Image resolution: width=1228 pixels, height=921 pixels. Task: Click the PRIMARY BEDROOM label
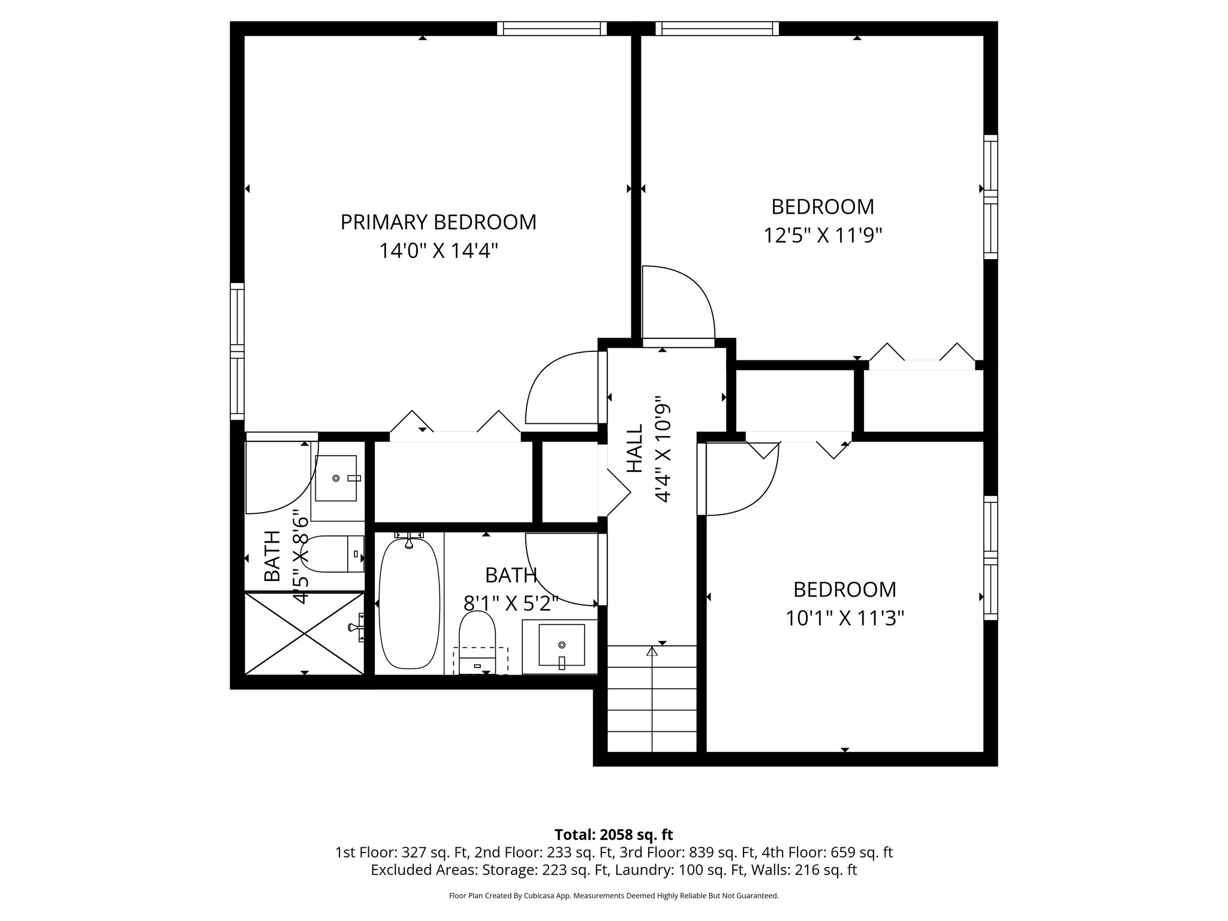click(438, 222)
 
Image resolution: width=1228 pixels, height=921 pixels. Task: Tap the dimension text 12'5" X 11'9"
click(823, 236)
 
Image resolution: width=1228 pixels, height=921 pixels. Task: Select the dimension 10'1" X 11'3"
click(845, 618)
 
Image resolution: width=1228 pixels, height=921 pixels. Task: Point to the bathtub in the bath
click(410, 603)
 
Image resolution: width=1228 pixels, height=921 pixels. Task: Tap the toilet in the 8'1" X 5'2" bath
click(477, 642)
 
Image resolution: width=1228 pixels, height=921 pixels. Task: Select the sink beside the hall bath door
click(561, 646)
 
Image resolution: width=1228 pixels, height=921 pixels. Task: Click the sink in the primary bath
click(336, 478)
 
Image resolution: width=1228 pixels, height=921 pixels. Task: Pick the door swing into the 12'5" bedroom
click(678, 303)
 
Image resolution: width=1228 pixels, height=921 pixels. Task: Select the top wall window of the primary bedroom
click(552, 28)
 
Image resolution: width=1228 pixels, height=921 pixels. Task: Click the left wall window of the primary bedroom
click(237, 353)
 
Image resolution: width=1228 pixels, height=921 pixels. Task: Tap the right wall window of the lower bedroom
click(991, 558)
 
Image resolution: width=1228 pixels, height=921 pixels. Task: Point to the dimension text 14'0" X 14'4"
click(438, 251)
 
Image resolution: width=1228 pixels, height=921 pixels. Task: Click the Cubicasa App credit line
click(613, 896)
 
